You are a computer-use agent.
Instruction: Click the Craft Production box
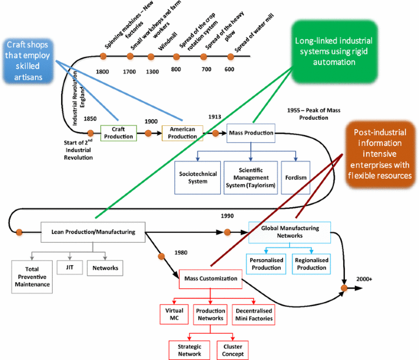pyautogui.click(x=119, y=133)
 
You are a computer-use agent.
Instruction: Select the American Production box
pyautogui.click(x=182, y=133)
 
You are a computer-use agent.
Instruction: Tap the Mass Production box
pyautogui.click(x=250, y=133)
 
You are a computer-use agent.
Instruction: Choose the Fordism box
pyautogui.click(x=295, y=177)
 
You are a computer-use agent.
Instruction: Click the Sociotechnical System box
pyautogui.click(x=198, y=177)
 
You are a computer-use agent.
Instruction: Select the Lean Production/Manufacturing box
pyautogui.click(x=93, y=231)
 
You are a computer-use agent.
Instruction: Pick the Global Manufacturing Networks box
pyautogui.click(x=289, y=232)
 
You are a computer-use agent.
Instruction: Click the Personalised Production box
pyautogui.click(x=267, y=263)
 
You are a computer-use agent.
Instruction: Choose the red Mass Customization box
pyautogui.click(x=210, y=280)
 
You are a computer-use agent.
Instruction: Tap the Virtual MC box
pyautogui.click(x=174, y=314)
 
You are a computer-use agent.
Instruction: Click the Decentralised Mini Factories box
pyautogui.click(x=254, y=314)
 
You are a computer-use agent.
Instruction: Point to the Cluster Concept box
pyautogui.click(x=232, y=350)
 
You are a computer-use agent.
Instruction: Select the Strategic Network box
pyautogui.click(x=189, y=350)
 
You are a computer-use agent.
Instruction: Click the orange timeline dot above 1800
pyautogui.click(x=103, y=57)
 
